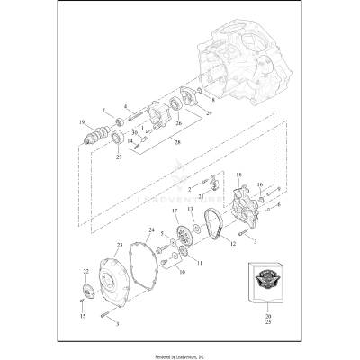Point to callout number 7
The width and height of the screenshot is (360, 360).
click(104, 112)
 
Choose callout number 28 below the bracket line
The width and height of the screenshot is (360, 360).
click(176, 141)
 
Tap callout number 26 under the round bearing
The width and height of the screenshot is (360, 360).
click(178, 123)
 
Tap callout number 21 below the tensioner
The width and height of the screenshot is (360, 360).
click(201, 196)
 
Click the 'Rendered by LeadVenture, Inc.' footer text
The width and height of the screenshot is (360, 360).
click(179, 353)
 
